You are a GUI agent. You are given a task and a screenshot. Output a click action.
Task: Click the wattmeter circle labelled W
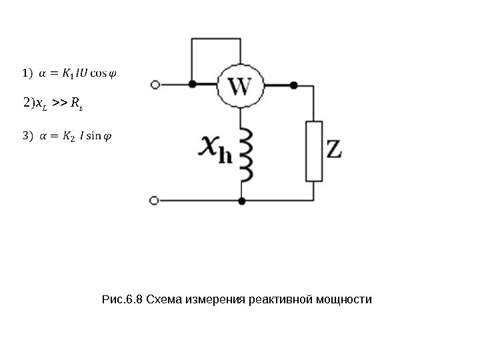pos(240,86)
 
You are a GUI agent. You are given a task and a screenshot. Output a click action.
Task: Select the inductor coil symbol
pos(247,155)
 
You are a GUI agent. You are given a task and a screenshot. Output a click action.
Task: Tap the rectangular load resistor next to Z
pos(313,151)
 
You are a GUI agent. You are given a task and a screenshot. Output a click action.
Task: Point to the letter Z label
pos(333,149)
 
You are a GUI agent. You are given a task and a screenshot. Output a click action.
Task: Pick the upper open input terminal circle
pos(155,85)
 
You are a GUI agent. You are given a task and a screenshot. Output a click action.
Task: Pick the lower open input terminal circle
pos(155,200)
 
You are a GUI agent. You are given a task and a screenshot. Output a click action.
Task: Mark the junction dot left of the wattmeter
pos(193,85)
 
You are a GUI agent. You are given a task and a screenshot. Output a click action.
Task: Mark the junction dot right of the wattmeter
pos(293,85)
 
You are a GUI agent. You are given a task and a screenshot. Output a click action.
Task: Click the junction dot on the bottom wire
pos(242,200)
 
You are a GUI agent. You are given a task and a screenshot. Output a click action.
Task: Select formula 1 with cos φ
pos(69,72)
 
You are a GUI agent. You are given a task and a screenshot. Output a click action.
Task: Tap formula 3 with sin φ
pos(67,137)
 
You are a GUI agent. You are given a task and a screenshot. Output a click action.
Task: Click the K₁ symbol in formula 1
pos(68,72)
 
